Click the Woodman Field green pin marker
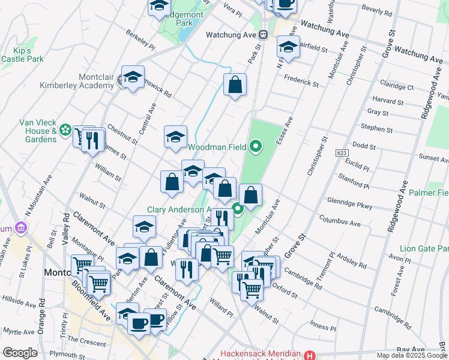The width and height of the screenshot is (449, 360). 256,146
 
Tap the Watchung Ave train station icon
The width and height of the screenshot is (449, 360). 263,34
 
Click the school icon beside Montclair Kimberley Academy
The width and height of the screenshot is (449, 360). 133,77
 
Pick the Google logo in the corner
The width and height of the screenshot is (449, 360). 20,353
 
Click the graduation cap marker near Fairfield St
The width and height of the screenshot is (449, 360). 288,48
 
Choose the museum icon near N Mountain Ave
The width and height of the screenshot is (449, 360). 22,228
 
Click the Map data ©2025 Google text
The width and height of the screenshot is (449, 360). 411,355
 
